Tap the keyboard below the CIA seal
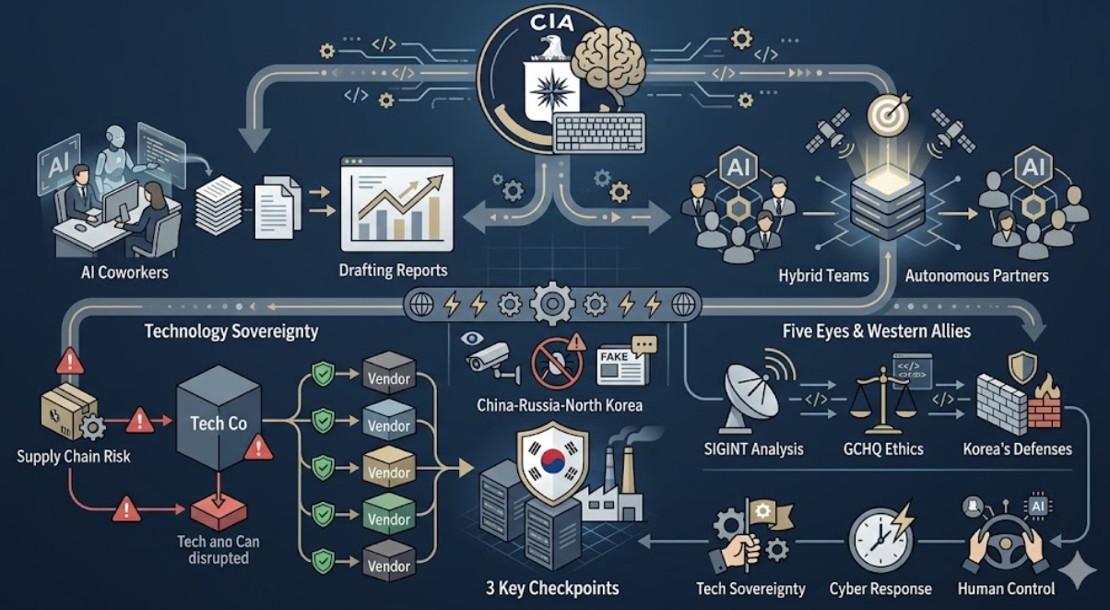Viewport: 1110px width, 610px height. [599, 133]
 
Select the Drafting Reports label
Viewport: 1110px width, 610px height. [393, 270]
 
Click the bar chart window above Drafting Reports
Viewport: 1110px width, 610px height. [397, 204]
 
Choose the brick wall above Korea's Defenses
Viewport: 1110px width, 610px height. [1001, 401]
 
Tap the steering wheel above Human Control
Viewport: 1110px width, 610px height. [1007, 544]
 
